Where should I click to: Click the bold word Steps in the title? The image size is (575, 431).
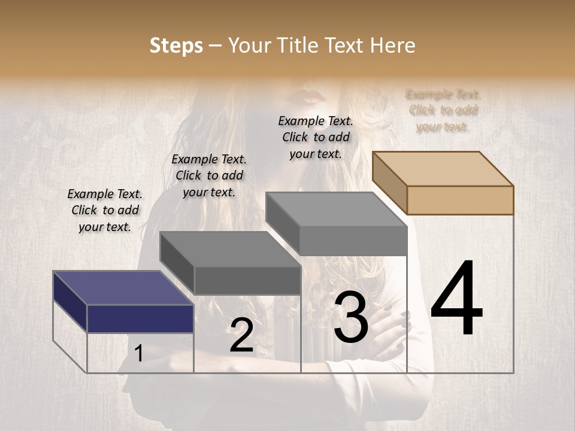tap(176, 45)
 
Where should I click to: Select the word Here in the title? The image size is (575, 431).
tap(393, 45)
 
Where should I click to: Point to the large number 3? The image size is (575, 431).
tap(350, 317)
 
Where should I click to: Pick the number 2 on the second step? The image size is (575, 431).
tap(241, 336)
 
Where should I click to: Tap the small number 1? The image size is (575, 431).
tap(139, 354)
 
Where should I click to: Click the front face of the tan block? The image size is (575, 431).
tap(460, 200)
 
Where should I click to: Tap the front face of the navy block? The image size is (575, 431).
tap(140, 318)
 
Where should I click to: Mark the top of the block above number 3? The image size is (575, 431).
tap(336, 210)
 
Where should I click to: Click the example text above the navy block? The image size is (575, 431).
tap(105, 211)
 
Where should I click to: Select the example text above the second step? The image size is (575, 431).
tap(209, 176)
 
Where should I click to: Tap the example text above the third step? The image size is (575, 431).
tap(316, 138)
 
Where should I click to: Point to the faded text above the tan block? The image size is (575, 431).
tap(443, 111)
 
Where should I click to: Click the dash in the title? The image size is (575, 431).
tap(216, 46)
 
